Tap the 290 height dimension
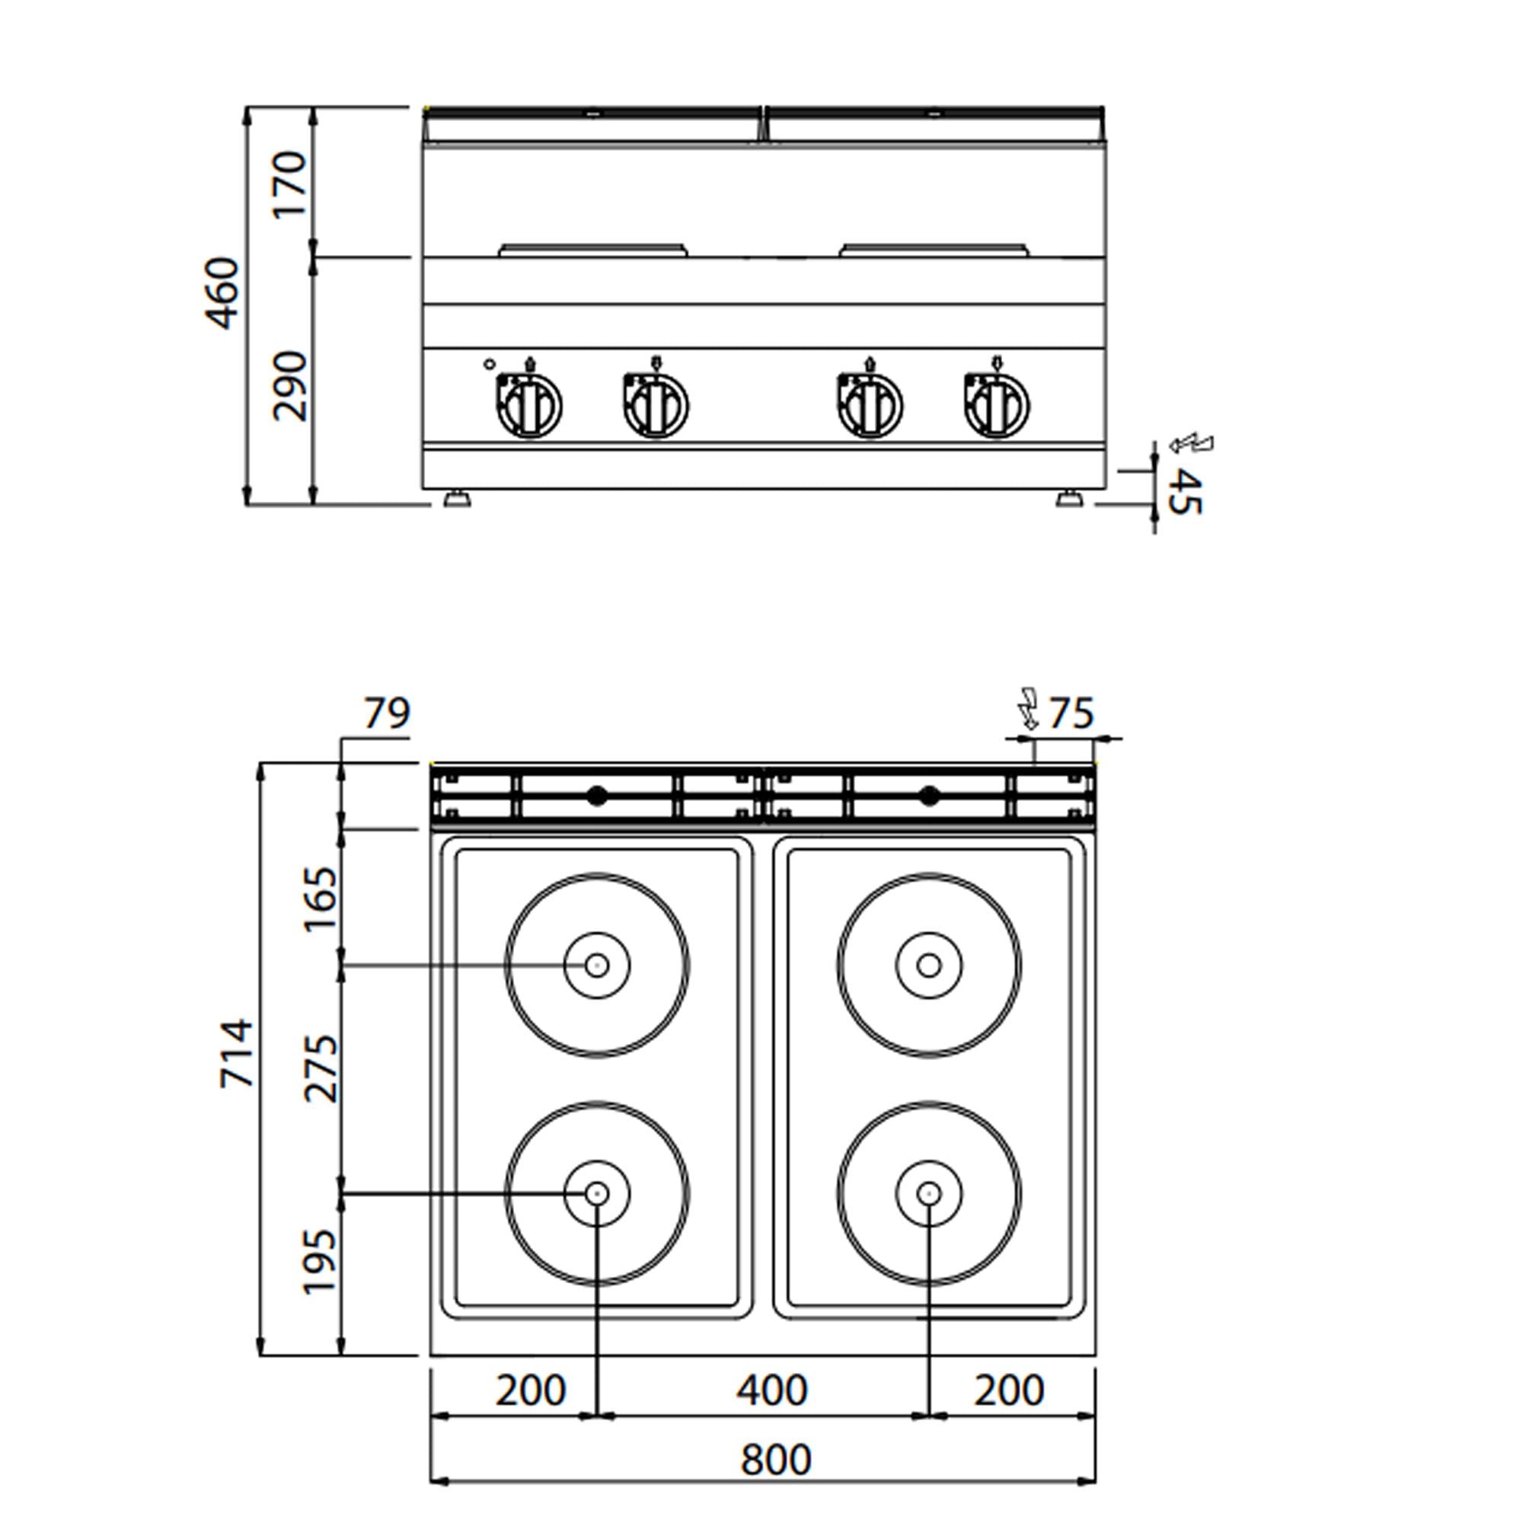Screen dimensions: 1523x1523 290,385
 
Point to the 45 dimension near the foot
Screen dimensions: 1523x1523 1184,492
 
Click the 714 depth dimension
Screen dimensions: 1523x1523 238,1054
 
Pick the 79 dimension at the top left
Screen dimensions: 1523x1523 387,714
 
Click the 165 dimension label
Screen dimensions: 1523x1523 321,899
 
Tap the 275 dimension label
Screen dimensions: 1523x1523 321,1069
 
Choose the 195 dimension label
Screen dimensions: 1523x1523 321,1261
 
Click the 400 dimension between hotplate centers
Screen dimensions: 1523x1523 771,1390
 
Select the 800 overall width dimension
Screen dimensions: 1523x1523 776,1459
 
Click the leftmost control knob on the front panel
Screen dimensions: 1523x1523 529,407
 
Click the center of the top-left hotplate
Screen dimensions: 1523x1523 597,965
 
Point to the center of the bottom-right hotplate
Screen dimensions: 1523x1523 928,1194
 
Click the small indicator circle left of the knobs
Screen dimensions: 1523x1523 489,364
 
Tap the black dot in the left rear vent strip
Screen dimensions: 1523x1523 597,797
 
